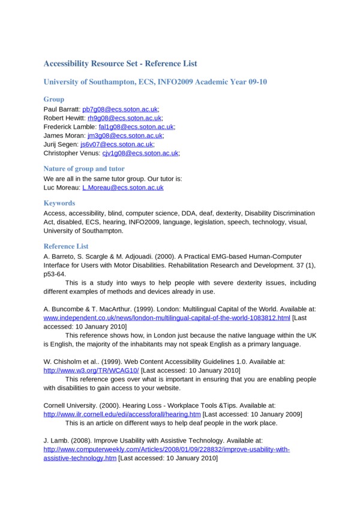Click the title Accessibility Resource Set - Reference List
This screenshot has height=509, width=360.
pyautogui.click(x=120, y=63)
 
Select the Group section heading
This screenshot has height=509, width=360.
pyautogui.click(x=54, y=99)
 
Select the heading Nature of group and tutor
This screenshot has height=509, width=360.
pyautogui.click(x=84, y=169)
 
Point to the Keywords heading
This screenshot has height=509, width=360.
pyautogui.click(x=59, y=203)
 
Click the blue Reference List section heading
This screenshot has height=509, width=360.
pyautogui.click(x=66, y=246)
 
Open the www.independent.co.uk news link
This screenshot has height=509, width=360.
pyautogui.click(x=167, y=317)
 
